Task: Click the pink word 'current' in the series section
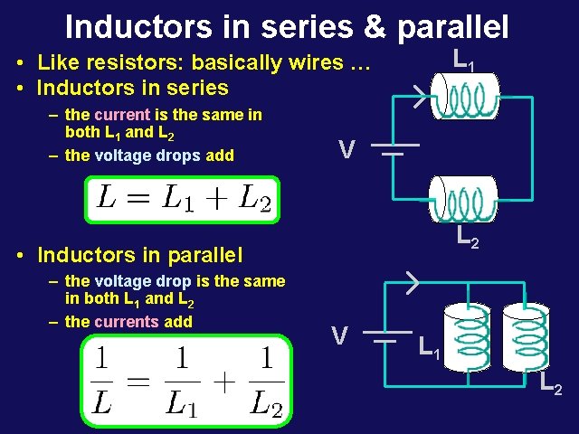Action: click(121, 115)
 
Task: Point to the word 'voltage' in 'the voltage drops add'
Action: click(124, 155)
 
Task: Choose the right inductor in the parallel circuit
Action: click(526, 336)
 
